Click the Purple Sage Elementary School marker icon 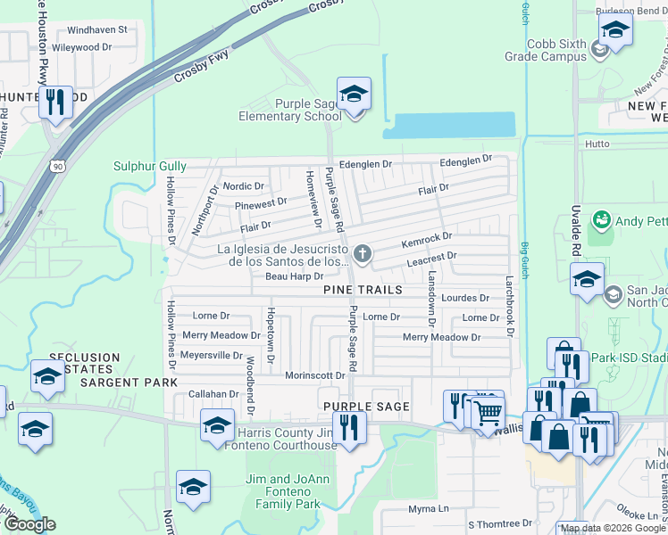354,95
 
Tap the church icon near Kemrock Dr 363,255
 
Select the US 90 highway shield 58,165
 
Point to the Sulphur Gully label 150,166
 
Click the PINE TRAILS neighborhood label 363,291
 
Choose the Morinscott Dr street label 314,376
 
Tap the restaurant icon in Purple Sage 348,426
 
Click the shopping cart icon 488,412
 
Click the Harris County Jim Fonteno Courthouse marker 217,425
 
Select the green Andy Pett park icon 603,220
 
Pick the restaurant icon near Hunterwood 56,102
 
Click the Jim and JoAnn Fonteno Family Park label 282,491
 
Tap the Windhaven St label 90,29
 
